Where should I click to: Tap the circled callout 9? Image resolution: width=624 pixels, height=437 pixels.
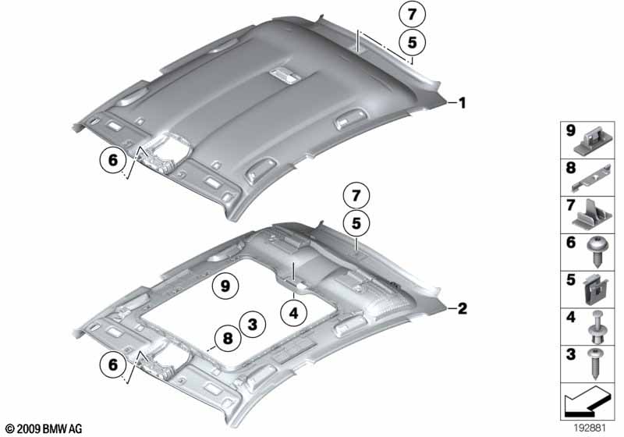[225, 286]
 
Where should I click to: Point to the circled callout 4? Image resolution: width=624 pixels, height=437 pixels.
[295, 313]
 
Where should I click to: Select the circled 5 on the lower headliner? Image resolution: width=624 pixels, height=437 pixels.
[356, 223]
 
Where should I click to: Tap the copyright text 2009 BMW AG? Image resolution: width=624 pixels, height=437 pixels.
[43, 429]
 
